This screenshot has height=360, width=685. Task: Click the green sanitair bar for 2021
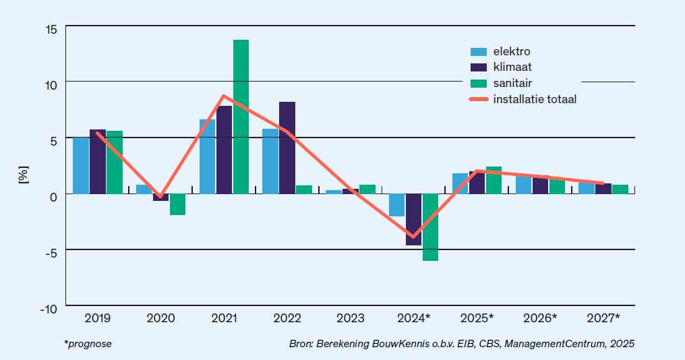241,117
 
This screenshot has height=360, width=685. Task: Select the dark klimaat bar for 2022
287,148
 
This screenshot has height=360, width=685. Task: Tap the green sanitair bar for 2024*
431,227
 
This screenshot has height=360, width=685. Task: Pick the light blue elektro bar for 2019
81,165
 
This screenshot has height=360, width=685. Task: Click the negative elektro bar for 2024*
397,205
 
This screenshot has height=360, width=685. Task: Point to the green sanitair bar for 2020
177,204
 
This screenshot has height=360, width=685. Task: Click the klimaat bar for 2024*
413,219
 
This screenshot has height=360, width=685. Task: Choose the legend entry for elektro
512,51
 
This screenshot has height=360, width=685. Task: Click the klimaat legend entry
512,67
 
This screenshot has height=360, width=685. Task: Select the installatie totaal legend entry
535,99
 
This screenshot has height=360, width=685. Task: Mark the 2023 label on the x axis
351,318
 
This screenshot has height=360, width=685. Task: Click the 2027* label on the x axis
603,318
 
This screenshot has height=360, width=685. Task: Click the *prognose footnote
88,344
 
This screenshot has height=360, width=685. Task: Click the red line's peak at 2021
224,96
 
